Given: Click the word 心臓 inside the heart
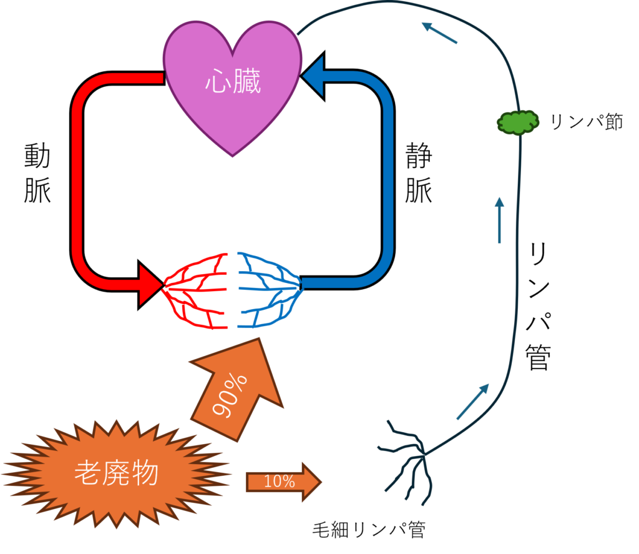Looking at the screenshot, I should (233, 82).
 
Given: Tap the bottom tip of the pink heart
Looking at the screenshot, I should (232, 155).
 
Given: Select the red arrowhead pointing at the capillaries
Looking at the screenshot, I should (150, 285).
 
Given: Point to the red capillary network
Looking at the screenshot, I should (197, 290).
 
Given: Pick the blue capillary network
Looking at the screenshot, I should (268, 290).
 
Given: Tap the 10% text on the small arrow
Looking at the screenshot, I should (279, 482).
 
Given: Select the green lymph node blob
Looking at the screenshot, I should (517, 122).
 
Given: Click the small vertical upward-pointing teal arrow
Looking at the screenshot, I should (499, 219).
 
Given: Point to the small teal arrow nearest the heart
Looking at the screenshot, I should (439, 33).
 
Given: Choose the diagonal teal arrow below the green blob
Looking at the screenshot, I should (472, 402).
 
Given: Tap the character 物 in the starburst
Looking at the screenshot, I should (145, 473).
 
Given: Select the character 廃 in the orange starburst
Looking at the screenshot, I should (116, 473).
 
